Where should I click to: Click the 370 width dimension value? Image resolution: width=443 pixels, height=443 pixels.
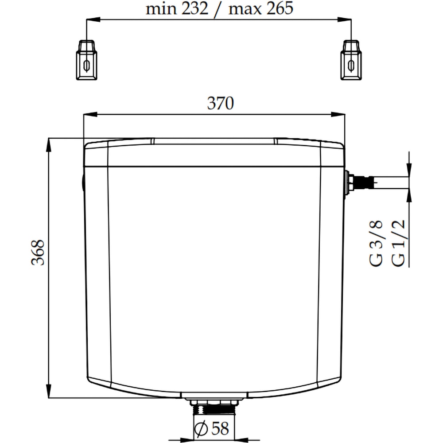(x=220, y=104)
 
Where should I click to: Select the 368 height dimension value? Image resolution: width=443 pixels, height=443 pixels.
(x=39, y=252)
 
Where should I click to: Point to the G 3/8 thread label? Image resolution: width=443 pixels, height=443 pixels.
(x=376, y=242)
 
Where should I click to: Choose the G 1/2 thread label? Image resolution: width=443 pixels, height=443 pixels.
(x=399, y=242)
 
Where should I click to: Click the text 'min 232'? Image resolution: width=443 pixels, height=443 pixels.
(x=177, y=8)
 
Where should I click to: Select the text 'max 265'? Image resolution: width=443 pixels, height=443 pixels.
(x=260, y=8)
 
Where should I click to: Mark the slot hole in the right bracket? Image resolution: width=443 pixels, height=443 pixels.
(x=351, y=66)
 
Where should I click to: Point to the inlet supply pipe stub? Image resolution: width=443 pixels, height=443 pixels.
(x=390, y=183)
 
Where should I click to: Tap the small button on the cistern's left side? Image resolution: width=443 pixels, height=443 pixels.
(x=82, y=182)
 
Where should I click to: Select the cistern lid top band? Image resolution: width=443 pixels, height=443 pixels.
(x=214, y=155)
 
